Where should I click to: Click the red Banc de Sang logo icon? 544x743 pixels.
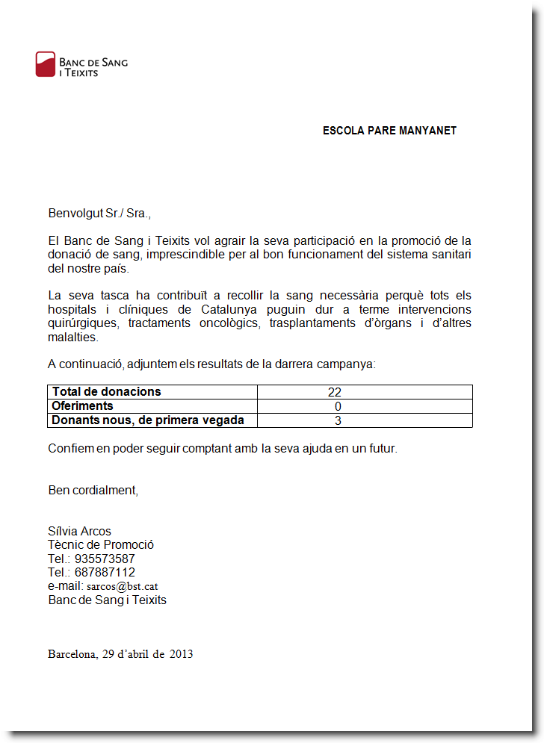(46, 64)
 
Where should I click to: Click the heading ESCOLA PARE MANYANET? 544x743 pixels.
(389, 131)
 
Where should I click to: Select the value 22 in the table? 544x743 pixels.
(334, 392)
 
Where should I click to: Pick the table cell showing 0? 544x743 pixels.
(338, 406)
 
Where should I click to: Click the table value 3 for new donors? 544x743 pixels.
(338, 420)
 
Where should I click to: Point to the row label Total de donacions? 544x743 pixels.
(106, 392)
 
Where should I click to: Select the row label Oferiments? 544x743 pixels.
(82, 406)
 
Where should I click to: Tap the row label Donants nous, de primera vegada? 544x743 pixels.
(147, 420)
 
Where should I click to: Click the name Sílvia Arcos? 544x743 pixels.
(79, 532)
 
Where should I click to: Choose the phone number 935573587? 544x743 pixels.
(105, 559)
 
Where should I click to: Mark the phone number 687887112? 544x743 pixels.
(105, 572)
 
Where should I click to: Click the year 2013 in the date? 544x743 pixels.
(181, 654)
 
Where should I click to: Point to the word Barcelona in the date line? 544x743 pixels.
(72, 654)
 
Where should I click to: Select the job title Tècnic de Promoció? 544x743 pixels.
(101, 545)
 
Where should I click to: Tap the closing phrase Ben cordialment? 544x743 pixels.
(93, 491)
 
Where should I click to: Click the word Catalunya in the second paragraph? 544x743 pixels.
(229, 309)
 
